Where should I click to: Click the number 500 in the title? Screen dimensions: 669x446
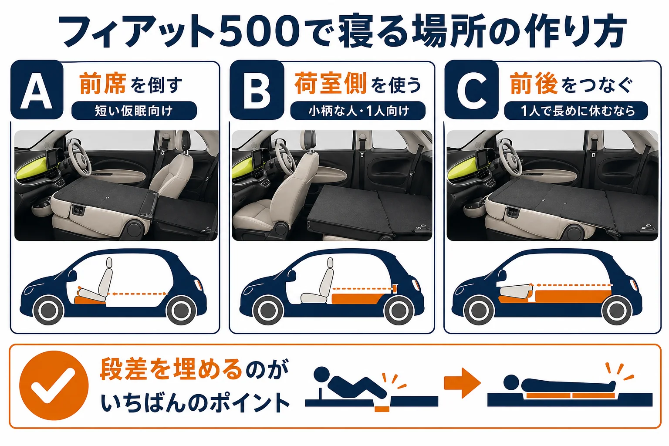coord(260,31)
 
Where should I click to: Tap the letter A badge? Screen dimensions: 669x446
coord(37,90)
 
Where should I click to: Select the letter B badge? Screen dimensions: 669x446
coord(257,90)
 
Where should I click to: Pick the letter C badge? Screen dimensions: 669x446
coord(472,90)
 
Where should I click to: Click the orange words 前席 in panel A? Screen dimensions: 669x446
coord(103,83)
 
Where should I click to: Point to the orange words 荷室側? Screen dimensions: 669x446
coord(330,83)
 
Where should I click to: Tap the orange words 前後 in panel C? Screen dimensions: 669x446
coord(534,83)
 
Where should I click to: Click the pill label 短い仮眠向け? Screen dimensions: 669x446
coord(134,111)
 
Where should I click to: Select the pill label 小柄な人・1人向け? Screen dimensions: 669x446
coord(358,111)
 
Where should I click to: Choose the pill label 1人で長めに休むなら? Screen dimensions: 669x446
coord(576,111)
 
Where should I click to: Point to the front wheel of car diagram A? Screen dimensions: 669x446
coord(48,310)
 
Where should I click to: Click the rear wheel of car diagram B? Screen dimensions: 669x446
coord(399,310)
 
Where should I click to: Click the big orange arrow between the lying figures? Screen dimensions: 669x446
coord(462,383)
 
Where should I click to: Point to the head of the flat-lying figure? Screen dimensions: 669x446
coord(511,382)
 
